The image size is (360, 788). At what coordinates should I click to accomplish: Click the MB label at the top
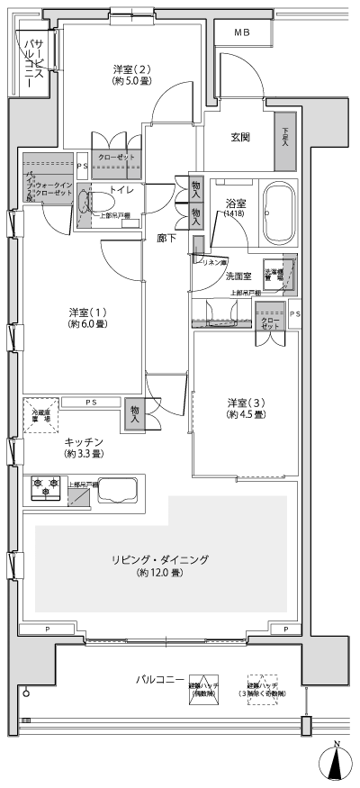pyautogui.click(x=243, y=32)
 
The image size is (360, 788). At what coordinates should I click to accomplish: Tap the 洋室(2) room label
pyautogui.click(x=131, y=69)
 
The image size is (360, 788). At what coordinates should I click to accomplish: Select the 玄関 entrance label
pyautogui.click(x=240, y=137)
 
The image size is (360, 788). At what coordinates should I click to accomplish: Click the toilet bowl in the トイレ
pyautogui.click(x=86, y=200)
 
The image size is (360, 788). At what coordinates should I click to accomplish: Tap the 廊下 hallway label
pyautogui.click(x=166, y=239)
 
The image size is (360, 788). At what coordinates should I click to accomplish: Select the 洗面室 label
pyautogui.click(x=238, y=276)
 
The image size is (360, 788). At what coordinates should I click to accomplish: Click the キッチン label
pyautogui.click(x=83, y=440)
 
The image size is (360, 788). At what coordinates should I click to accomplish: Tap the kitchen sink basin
pyautogui.click(x=114, y=491)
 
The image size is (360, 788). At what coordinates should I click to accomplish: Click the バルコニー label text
pyautogui.click(x=161, y=678)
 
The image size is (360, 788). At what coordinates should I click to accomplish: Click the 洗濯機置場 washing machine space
pyautogui.click(x=274, y=276)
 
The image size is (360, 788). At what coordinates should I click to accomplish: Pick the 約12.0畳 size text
pyautogui.click(x=160, y=573)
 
